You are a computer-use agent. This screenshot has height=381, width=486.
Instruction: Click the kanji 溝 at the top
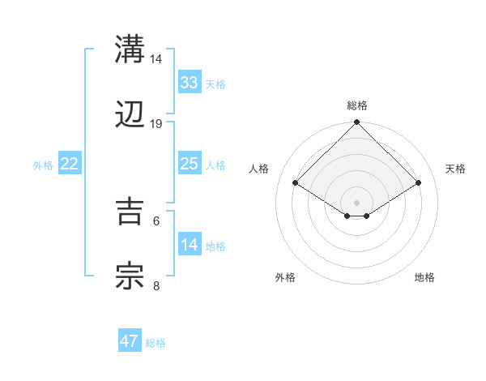[130, 49]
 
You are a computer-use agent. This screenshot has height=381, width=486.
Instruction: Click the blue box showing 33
[189, 82]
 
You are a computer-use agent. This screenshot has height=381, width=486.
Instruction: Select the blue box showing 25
[189, 164]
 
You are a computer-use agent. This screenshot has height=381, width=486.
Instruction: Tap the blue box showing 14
[189, 245]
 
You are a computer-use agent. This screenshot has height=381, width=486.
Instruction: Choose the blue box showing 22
[69, 164]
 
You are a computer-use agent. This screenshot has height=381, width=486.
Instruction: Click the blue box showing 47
[130, 341]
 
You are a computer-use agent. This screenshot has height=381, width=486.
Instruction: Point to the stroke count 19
[156, 124]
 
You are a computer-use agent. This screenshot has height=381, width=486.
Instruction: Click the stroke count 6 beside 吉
[156, 220]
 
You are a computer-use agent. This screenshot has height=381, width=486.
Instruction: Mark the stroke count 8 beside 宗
[156, 285]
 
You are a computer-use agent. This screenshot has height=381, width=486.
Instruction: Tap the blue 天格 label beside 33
[215, 83]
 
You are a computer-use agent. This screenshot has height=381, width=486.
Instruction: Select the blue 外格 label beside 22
[43, 165]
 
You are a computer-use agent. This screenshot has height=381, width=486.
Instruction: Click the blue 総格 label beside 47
[156, 343]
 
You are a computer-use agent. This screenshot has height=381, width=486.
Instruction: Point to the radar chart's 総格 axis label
[357, 105]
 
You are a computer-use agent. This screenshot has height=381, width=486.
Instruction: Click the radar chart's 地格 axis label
[424, 277]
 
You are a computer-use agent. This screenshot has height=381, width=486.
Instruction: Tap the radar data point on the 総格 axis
[357, 123]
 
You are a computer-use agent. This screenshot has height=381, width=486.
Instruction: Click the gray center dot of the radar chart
[357, 202]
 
